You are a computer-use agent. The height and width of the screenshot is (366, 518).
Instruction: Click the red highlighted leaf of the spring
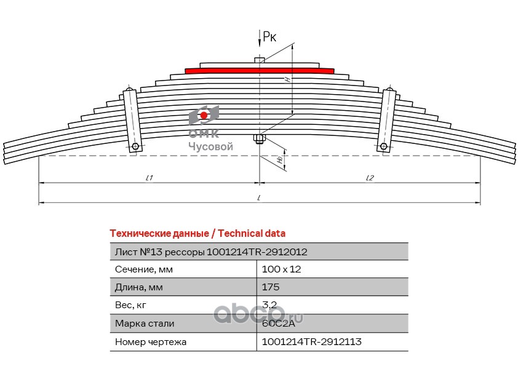tap(260, 71)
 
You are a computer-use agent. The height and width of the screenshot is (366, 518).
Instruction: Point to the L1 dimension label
tap(149, 178)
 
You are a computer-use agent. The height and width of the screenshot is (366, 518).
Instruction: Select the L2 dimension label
tap(370, 178)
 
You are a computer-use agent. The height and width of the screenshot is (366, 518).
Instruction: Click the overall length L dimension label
tap(259, 197)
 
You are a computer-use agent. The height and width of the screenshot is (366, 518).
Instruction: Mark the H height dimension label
tap(287, 79)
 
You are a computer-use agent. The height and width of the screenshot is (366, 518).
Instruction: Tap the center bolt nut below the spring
tap(259, 143)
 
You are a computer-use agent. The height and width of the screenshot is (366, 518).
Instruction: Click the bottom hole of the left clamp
tap(135, 146)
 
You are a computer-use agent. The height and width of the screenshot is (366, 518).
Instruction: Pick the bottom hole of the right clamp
tap(384, 146)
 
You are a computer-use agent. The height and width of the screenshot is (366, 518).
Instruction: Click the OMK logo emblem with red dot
tap(204, 114)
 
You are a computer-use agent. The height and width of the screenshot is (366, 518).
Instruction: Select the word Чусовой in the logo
tap(210, 146)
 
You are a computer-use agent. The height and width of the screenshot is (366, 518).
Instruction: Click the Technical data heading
tap(197, 233)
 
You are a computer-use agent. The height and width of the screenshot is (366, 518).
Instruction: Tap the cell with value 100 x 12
tap(281, 269)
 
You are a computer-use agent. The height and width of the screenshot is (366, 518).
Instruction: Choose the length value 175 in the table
tap(271, 287)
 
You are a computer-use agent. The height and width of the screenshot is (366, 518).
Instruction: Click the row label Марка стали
tap(145, 323)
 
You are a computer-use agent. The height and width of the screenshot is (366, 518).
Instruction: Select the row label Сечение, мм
tap(144, 269)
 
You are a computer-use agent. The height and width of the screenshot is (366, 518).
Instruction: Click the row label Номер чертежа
tap(151, 341)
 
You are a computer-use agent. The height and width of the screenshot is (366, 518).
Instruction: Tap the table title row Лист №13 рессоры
tap(211, 252)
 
